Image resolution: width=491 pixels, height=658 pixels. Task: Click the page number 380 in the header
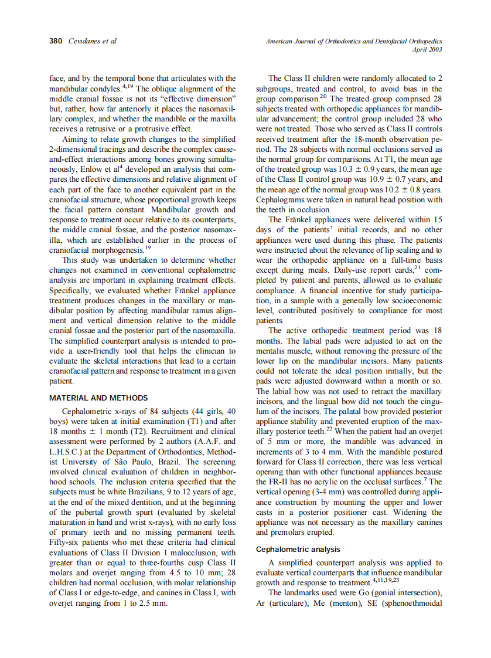click(x=56, y=41)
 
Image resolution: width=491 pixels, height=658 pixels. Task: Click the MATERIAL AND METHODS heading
click(x=98, y=398)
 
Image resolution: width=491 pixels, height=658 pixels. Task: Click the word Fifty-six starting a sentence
click(x=66, y=542)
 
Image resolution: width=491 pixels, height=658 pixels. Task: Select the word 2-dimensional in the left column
click(x=73, y=149)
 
